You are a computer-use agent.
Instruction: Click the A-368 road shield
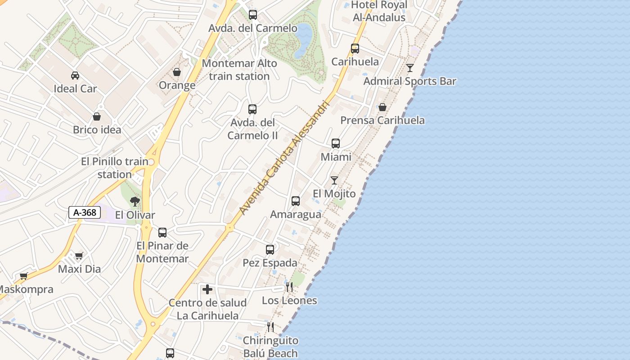click(84, 212)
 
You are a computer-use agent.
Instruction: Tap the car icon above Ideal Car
click(75, 75)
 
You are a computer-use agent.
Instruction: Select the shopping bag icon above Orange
click(177, 72)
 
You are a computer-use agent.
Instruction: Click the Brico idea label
click(97, 130)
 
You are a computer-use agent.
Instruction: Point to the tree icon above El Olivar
click(135, 201)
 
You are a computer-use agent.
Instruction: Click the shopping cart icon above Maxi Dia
click(79, 256)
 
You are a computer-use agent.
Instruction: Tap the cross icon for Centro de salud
click(207, 289)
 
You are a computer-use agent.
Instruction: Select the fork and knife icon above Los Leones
click(289, 287)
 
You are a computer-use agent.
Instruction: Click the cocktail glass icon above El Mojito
click(334, 180)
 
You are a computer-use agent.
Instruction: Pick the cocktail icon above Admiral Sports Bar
click(409, 68)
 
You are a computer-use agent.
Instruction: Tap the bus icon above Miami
click(336, 144)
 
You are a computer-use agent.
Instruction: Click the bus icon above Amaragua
click(296, 201)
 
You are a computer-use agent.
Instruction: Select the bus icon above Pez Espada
click(270, 249)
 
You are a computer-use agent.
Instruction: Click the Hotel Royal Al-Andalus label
click(378, 11)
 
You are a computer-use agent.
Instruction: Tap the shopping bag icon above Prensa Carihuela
click(382, 107)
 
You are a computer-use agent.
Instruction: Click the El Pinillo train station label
click(115, 168)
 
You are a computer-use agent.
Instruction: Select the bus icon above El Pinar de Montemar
click(162, 232)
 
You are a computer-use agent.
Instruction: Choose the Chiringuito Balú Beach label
click(270, 347)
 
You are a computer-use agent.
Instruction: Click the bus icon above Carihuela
click(355, 48)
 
